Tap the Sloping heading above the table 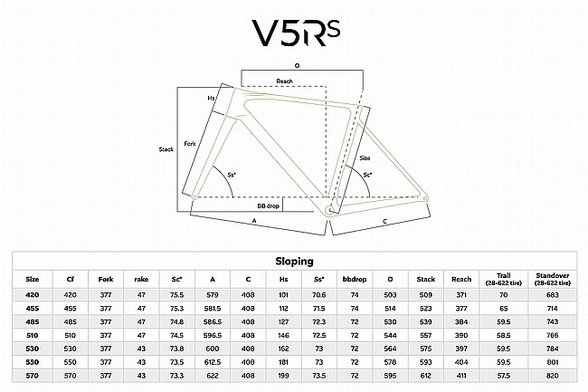click(x=295, y=261)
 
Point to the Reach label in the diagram click(x=284, y=81)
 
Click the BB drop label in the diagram click(x=269, y=206)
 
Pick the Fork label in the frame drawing click(x=190, y=144)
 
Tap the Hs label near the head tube click(x=211, y=98)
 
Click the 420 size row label click(x=32, y=295)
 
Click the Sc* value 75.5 click(x=176, y=295)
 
